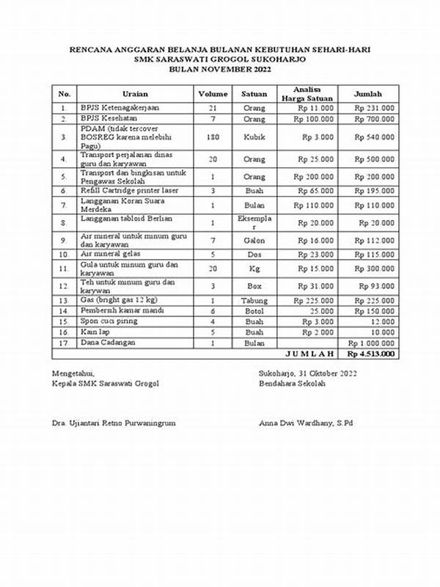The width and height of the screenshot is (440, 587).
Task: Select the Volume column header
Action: point(213,94)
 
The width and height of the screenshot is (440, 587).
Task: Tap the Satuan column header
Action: point(254,94)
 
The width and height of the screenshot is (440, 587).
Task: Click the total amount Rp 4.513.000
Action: point(370,354)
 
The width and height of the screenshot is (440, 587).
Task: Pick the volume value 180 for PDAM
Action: point(213,136)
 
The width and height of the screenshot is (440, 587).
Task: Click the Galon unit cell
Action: point(254,239)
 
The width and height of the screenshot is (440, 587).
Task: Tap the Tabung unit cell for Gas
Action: point(254,300)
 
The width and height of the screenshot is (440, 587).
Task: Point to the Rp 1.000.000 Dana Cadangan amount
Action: point(371,343)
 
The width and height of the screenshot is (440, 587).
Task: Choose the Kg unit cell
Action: point(254,269)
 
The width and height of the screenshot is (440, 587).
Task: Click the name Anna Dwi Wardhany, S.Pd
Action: point(306,423)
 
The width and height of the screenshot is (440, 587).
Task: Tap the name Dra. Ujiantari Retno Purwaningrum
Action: point(114,423)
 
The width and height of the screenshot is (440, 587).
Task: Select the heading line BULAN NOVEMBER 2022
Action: point(219,69)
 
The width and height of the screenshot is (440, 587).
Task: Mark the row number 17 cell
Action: point(64,343)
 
